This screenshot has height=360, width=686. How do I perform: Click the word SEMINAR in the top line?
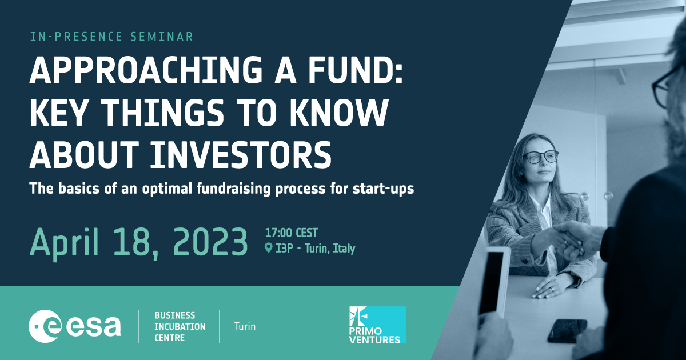(x=162, y=37)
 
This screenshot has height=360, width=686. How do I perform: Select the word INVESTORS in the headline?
(x=241, y=155)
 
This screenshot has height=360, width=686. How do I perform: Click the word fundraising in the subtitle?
(x=233, y=189)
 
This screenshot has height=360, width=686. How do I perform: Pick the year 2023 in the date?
(x=210, y=242)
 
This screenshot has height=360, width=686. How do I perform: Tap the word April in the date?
(x=65, y=243)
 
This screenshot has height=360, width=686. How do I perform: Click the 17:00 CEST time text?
(x=292, y=233)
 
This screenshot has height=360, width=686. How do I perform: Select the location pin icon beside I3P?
(x=268, y=248)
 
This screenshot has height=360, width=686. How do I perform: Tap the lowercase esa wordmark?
(x=93, y=327)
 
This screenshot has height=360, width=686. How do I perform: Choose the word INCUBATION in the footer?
(x=180, y=327)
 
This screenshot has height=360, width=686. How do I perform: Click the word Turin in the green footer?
(x=245, y=326)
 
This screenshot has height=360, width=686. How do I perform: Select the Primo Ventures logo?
(x=378, y=325)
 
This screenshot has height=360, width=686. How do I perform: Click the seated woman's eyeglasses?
(x=540, y=157)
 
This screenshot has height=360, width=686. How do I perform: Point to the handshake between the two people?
(x=573, y=242)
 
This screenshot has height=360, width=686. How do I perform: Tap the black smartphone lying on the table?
(x=568, y=331)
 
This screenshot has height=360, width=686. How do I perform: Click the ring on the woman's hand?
(x=552, y=289)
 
